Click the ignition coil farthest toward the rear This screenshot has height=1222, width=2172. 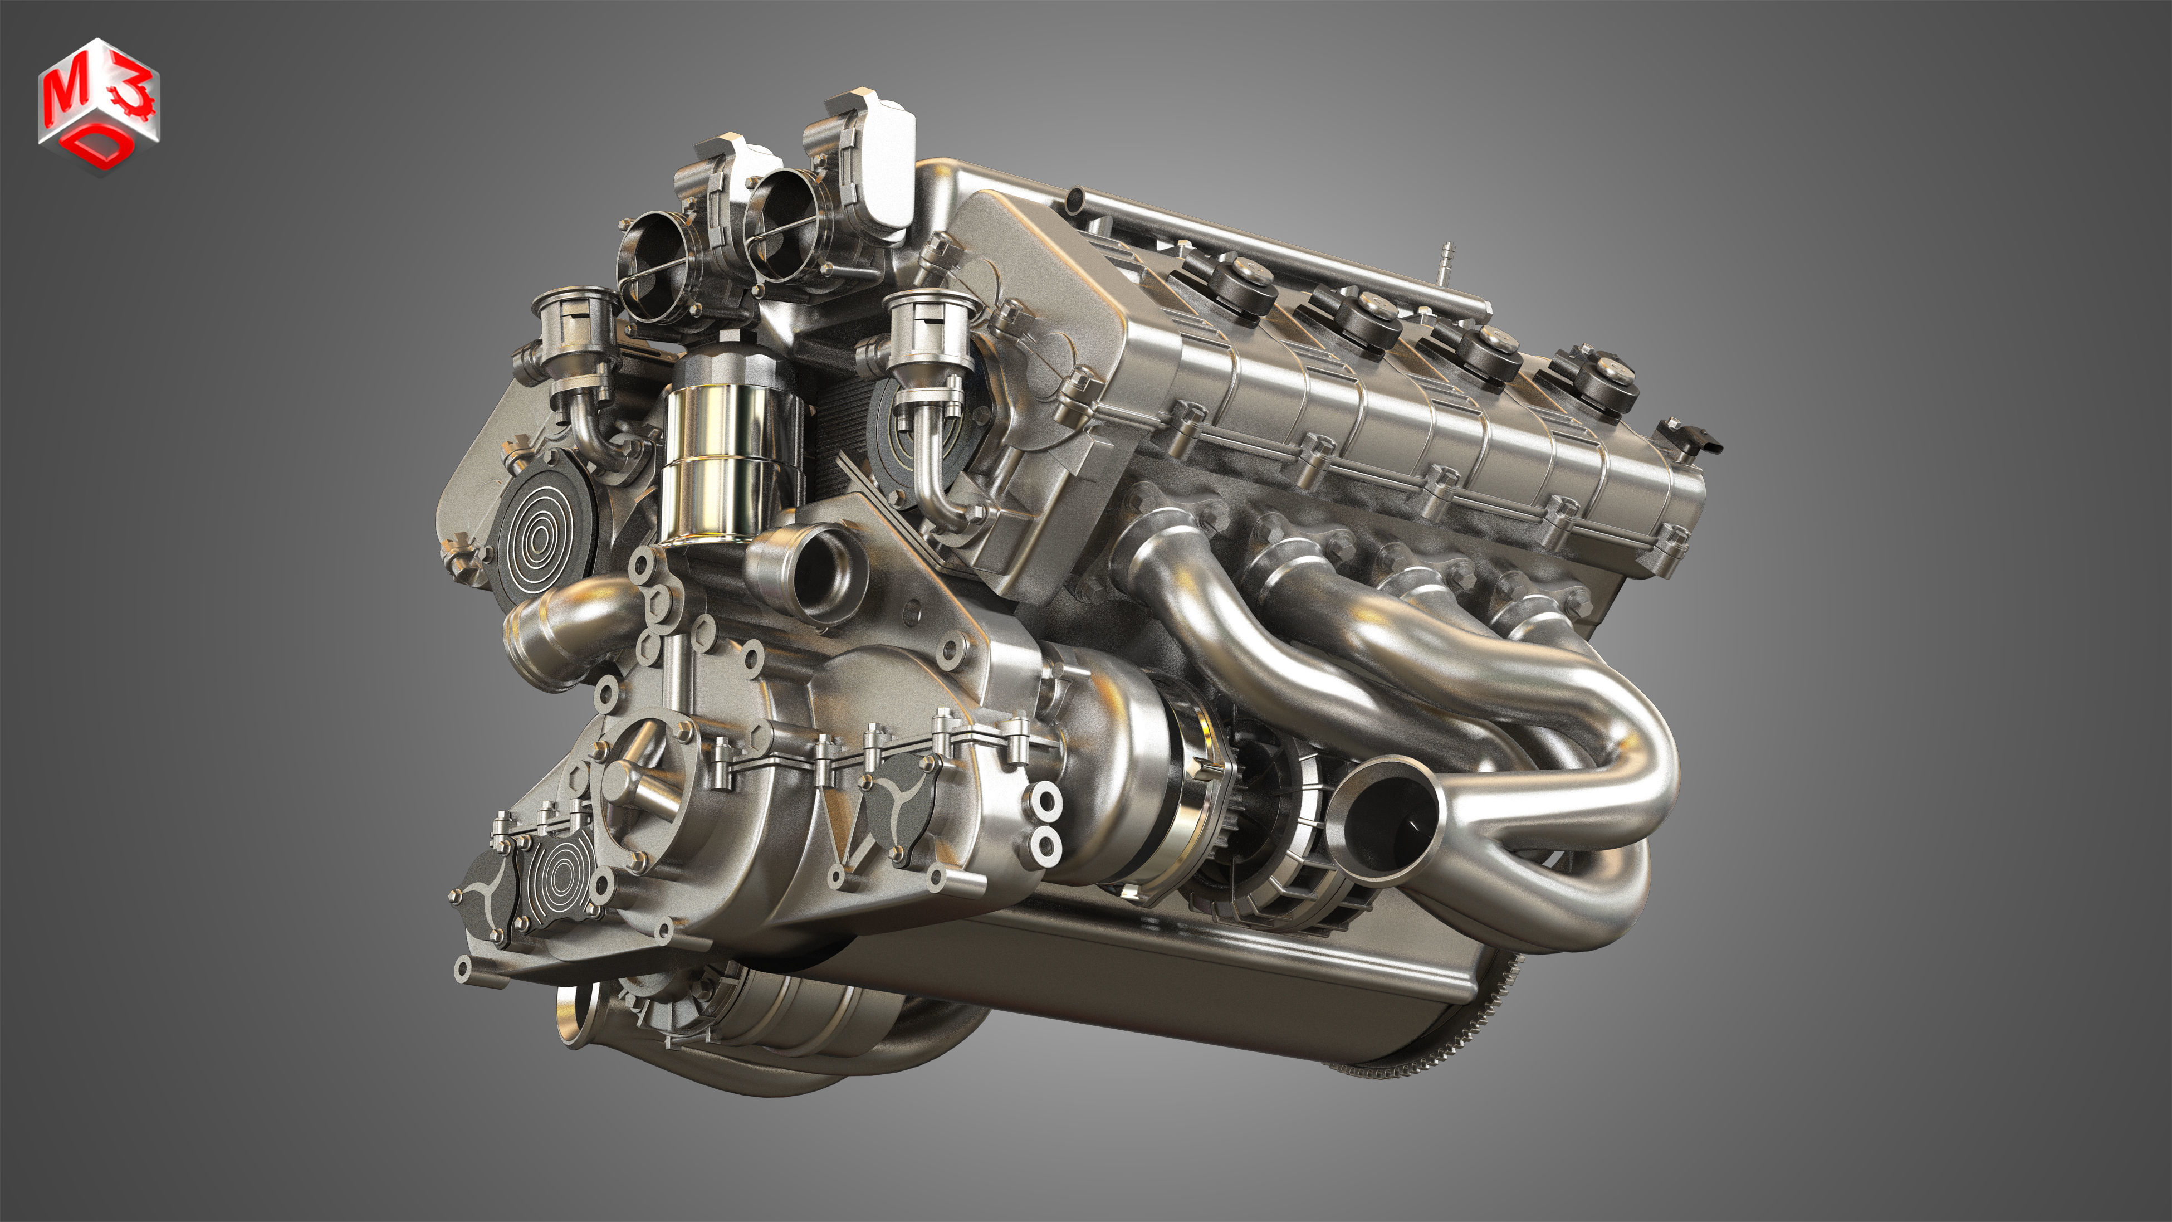click(1606, 379)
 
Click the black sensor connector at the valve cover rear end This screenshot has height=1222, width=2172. click(1695, 439)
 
